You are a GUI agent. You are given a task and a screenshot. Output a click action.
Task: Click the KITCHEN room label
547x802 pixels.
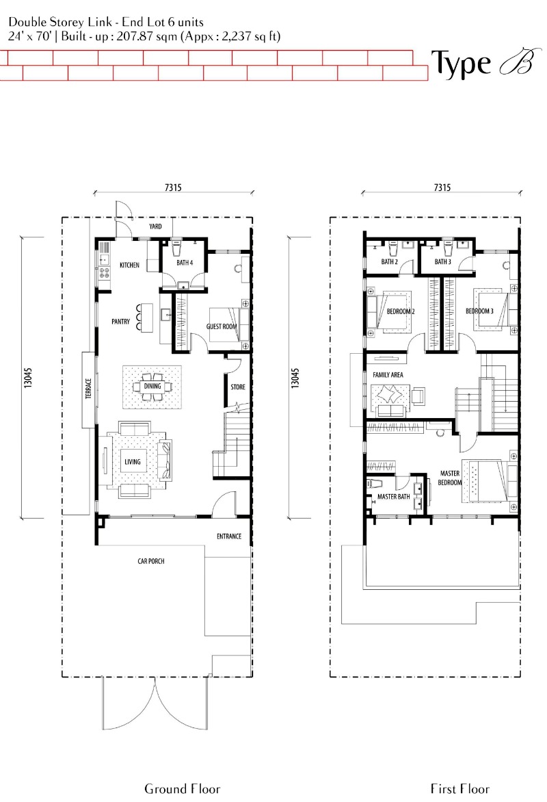tap(129, 265)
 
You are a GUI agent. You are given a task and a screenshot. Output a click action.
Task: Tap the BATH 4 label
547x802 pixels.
tap(185, 263)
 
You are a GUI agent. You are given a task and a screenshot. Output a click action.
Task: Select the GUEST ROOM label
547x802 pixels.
tap(222, 326)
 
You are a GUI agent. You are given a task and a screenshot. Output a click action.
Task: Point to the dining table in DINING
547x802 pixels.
tap(152, 386)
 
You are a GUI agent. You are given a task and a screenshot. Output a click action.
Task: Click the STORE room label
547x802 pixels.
tap(238, 387)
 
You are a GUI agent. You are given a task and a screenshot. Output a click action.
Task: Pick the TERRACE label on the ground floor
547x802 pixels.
tap(88, 389)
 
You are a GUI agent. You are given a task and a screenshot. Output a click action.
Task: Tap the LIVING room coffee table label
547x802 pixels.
tap(133, 462)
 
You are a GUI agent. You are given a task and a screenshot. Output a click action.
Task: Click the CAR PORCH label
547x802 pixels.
tap(151, 561)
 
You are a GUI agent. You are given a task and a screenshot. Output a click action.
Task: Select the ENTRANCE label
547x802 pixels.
tap(229, 536)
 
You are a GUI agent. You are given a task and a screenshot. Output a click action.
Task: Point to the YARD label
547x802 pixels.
tap(155, 227)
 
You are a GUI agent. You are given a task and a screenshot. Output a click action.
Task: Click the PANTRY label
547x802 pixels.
tap(120, 322)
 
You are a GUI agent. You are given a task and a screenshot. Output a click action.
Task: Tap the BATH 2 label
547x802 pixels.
tap(390, 262)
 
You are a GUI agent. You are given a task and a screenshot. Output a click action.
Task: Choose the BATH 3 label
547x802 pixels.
tap(442, 262)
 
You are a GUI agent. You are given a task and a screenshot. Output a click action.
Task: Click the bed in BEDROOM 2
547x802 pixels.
tap(395, 311)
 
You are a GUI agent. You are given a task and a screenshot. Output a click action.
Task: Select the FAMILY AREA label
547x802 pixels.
tap(388, 375)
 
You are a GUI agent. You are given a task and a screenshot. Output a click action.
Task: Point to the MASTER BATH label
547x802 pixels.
tap(394, 497)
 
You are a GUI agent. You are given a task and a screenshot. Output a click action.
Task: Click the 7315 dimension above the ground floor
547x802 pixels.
tap(173, 187)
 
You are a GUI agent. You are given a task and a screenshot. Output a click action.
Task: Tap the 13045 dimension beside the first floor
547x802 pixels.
tap(295, 378)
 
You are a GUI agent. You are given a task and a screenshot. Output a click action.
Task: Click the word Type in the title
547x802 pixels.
tap(461, 64)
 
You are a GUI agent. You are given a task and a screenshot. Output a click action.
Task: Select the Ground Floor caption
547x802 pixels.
tap(183, 789)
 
